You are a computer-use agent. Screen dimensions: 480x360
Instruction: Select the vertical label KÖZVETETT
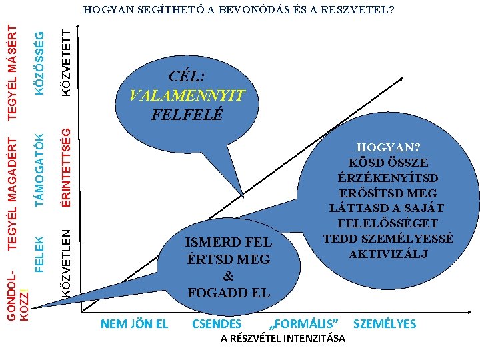(x=66, y=59)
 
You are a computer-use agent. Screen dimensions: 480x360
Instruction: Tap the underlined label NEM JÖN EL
(x=134, y=324)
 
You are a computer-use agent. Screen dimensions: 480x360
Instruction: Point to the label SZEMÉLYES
(x=384, y=324)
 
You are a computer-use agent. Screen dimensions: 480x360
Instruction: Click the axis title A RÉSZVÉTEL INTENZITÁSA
(x=283, y=339)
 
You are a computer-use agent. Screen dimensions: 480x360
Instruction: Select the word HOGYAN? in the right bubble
(x=388, y=148)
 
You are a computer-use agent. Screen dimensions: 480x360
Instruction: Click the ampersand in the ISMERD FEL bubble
(x=229, y=276)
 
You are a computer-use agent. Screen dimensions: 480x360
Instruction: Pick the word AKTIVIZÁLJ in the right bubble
(x=388, y=253)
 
